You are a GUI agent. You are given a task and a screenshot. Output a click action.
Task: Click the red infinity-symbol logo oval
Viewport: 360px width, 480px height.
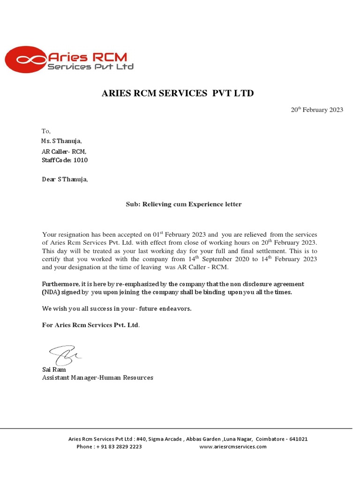click(x=25, y=60)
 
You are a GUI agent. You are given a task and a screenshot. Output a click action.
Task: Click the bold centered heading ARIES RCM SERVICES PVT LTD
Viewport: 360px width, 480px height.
click(x=178, y=93)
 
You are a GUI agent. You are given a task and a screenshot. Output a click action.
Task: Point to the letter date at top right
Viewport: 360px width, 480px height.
click(x=317, y=110)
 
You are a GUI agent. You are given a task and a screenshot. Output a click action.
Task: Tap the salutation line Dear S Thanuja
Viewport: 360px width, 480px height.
click(x=65, y=179)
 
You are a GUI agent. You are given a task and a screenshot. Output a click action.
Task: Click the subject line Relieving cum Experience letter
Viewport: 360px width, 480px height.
click(x=183, y=204)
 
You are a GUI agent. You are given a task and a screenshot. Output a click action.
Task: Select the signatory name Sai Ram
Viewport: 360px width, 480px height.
click(x=54, y=369)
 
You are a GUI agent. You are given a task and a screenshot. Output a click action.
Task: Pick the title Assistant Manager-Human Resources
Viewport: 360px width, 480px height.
click(x=97, y=377)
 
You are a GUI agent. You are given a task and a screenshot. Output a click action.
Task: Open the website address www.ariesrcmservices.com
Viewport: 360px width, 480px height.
click(x=232, y=447)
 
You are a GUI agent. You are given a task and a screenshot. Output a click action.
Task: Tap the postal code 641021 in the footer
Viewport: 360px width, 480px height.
click(x=298, y=439)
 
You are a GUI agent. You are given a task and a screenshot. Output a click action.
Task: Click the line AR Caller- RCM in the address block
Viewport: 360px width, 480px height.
click(x=64, y=152)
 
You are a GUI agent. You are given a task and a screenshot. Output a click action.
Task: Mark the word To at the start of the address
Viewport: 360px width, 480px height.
click(x=46, y=131)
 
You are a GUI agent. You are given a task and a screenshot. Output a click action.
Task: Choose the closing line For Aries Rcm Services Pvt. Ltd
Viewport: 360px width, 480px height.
click(x=90, y=325)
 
